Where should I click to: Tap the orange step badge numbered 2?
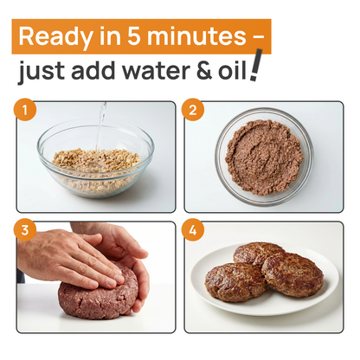point(193,112)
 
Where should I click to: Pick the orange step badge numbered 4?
point(193,231)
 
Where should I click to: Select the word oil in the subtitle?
point(230,71)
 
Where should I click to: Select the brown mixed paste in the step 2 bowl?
point(263,157)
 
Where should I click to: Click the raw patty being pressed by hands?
point(97,299)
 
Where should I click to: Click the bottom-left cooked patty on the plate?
point(235,281)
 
